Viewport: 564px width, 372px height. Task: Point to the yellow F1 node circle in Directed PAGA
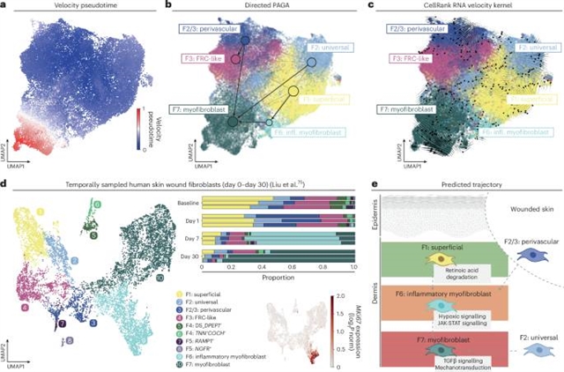[293, 91]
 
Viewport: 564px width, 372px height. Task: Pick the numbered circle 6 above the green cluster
[97, 205]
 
